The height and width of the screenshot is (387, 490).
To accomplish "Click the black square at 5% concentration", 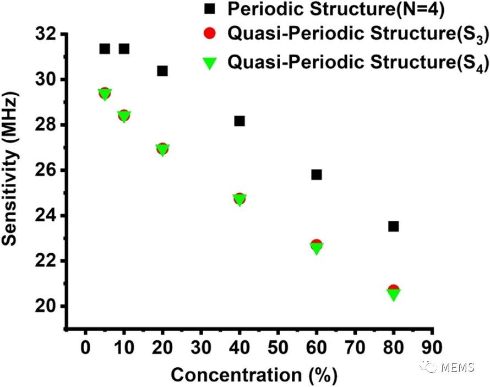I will coord(105,48).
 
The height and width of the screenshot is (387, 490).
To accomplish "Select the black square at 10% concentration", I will coord(124,48).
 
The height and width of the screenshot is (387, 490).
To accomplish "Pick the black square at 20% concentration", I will coord(162,70).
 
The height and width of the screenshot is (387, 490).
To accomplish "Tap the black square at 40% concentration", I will coord(239,121).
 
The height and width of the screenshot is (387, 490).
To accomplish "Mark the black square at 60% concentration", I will coord(317,175).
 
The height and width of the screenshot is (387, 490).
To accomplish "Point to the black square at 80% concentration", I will coord(394,226).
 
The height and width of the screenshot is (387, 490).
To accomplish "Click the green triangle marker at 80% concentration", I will coord(394,295).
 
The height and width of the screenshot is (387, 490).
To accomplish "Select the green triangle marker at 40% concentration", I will coord(239,199).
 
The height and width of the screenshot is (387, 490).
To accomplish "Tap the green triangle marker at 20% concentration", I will coord(162,150).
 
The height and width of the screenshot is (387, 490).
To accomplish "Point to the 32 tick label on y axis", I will coord(46,35).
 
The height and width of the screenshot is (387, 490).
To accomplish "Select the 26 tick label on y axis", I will coord(46,170).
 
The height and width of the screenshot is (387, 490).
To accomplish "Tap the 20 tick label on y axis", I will coord(46,306).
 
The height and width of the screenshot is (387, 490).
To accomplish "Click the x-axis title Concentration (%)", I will coord(254,375).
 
